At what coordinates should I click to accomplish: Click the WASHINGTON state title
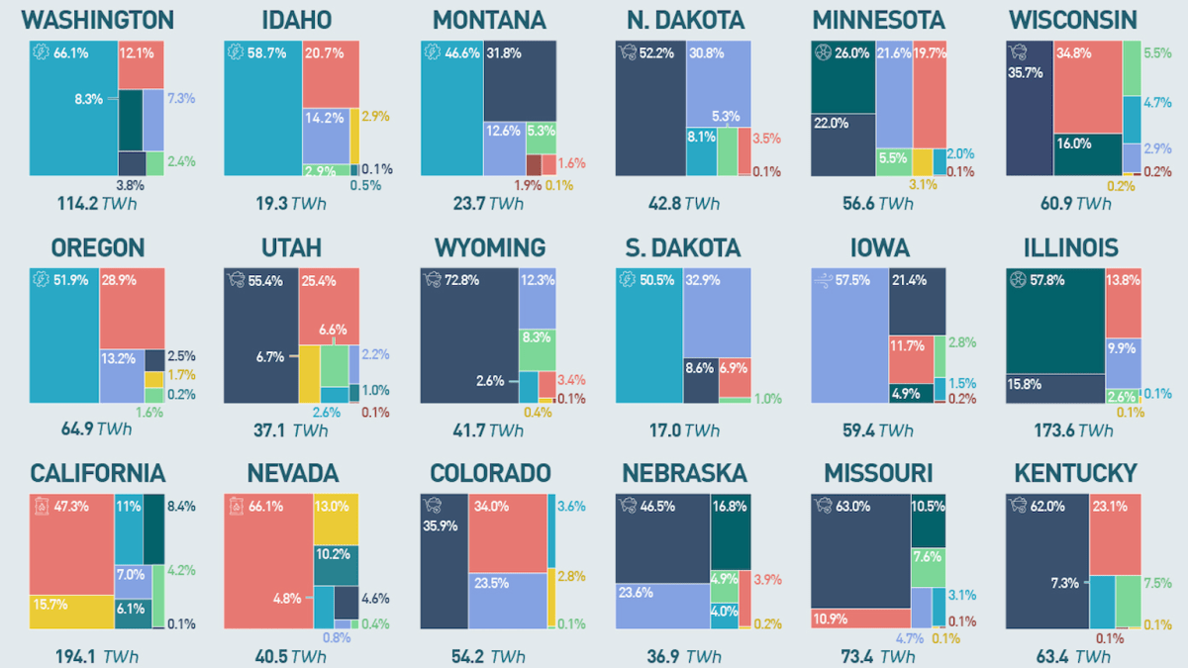97,20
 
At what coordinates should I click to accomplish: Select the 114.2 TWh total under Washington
97,203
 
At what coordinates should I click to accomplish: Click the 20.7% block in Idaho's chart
331,75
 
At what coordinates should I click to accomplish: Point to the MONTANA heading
489,20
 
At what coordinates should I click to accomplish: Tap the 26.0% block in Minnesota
842,77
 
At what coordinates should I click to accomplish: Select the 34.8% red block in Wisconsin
1087,87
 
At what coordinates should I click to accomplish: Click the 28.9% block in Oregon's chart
132,307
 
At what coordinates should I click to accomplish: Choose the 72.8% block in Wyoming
468,335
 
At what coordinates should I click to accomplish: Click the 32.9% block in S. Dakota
717,312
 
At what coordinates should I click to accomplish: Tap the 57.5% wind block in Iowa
849,335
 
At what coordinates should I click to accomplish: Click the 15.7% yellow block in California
71,611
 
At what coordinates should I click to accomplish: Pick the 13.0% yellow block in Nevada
336,519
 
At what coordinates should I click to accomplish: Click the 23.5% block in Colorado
507,600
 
